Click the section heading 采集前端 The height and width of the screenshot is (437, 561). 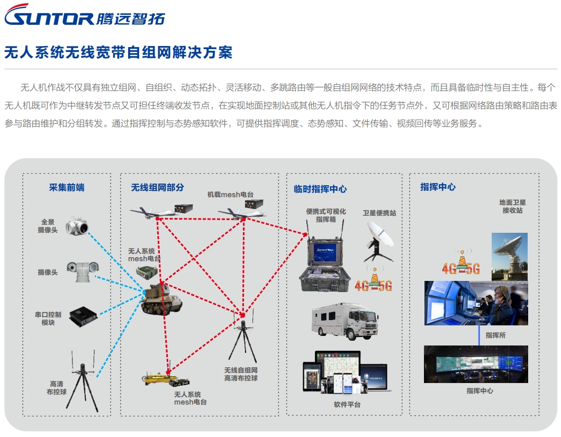tap(67, 187)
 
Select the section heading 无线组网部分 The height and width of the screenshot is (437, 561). tap(158, 187)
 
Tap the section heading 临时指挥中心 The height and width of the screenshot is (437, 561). tap(320, 189)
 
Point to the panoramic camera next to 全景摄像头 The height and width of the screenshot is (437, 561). tap(76, 226)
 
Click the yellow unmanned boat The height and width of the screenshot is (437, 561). tap(159, 377)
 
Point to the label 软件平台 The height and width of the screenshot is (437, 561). tap(347, 405)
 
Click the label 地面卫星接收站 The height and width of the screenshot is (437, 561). tap(512, 206)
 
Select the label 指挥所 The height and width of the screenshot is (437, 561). tap(495, 335)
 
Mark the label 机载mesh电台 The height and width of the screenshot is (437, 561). tap(230, 194)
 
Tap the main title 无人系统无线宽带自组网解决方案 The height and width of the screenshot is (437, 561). tap(119, 52)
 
